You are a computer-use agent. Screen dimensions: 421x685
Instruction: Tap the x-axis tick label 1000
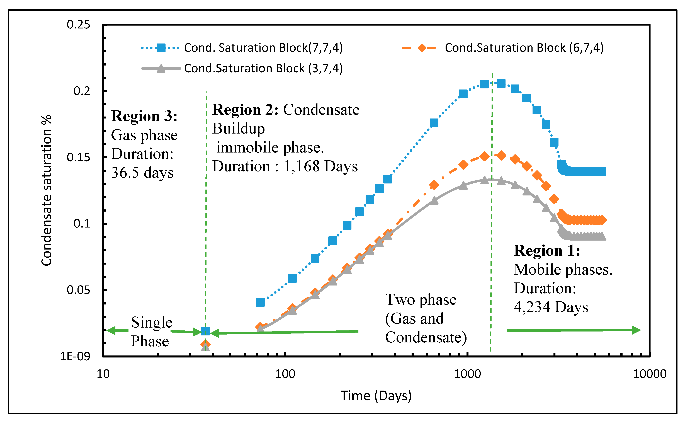click(x=467, y=374)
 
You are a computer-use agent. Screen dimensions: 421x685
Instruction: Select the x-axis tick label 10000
click(x=649, y=374)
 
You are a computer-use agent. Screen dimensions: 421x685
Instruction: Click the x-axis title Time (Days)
click(x=376, y=396)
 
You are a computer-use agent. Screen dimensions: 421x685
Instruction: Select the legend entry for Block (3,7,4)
click(x=263, y=68)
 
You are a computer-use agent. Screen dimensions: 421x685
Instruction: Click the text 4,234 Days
click(x=551, y=307)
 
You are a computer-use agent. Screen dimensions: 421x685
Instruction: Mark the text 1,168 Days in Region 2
click(x=320, y=166)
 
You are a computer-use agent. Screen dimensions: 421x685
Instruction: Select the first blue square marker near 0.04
click(x=260, y=302)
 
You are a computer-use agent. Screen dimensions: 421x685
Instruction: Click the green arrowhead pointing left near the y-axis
click(x=111, y=330)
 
